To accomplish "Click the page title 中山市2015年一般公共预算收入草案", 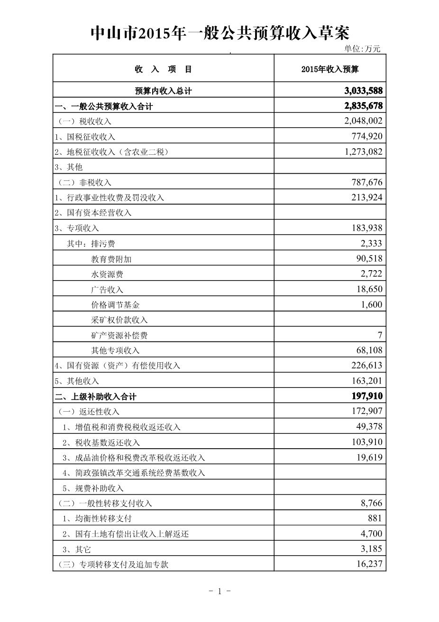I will pyautogui.click(x=219, y=33).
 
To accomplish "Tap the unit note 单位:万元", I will pyautogui.click(x=362, y=49).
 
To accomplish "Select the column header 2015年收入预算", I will pyautogui.click(x=330, y=69).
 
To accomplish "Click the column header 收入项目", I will pyautogui.click(x=163, y=69).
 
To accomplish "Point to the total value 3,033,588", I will pyautogui.click(x=364, y=91).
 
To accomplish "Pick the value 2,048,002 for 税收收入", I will pyautogui.click(x=364, y=121).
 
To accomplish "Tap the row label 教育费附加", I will pyautogui.click(x=111, y=259).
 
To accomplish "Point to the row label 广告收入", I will pyautogui.click(x=107, y=290).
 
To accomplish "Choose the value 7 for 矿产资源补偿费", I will pyautogui.click(x=380, y=335).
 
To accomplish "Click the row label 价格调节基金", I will pyautogui.click(x=116, y=305).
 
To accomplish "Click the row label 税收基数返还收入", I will pyautogui.click(x=101, y=443).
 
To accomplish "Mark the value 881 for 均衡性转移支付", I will pyautogui.click(x=375, y=518).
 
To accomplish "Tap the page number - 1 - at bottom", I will pyautogui.click(x=219, y=591).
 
